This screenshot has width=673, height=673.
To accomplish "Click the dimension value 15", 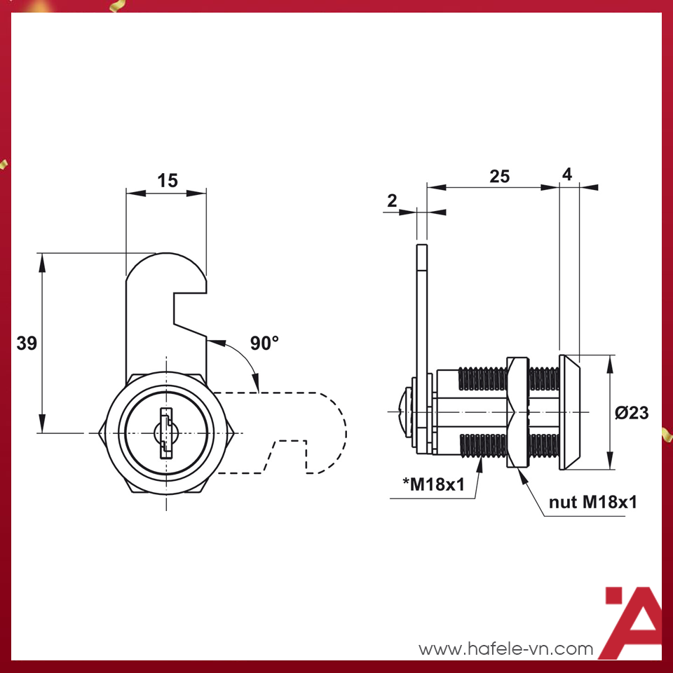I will tap(167, 181).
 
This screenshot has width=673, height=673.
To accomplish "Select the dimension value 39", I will tap(27, 344).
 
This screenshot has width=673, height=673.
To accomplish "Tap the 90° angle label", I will tap(264, 343).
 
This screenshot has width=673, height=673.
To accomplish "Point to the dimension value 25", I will tap(499, 177).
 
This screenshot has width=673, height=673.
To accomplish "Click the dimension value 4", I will tap(568, 175).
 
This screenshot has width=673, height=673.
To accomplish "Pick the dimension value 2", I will tap(392, 201).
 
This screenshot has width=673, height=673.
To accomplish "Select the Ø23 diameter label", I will tap(632, 413).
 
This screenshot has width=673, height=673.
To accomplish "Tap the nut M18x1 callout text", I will tap(593, 502).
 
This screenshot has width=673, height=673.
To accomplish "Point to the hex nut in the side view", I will tap(516, 412).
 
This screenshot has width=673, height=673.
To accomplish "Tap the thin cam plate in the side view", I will tap(421, 315).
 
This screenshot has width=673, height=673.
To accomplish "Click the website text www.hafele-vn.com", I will tap(505, 649).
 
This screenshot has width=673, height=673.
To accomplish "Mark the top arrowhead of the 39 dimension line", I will tap(42, 261).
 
